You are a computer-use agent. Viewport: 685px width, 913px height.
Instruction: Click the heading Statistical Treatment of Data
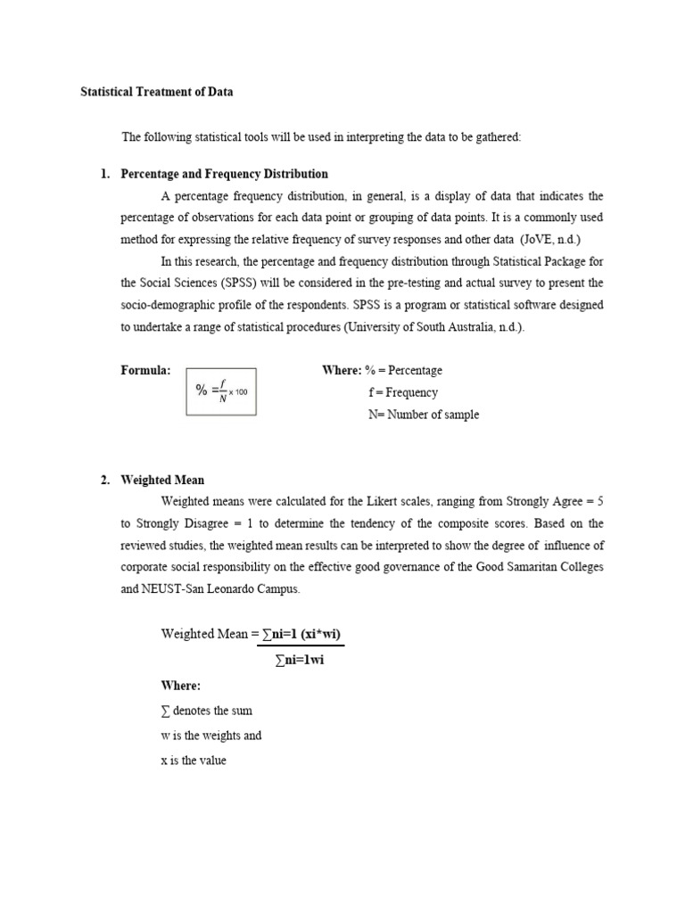click(x=157, y=92)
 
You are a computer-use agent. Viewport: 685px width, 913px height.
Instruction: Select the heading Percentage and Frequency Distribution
click(x=225, y=174)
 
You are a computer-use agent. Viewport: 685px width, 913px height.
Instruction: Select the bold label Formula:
click(x=145, y=370)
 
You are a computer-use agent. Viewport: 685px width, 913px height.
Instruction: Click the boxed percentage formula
click(x=220, y=391)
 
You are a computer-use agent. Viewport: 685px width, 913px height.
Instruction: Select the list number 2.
click(x=103, y=480)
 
